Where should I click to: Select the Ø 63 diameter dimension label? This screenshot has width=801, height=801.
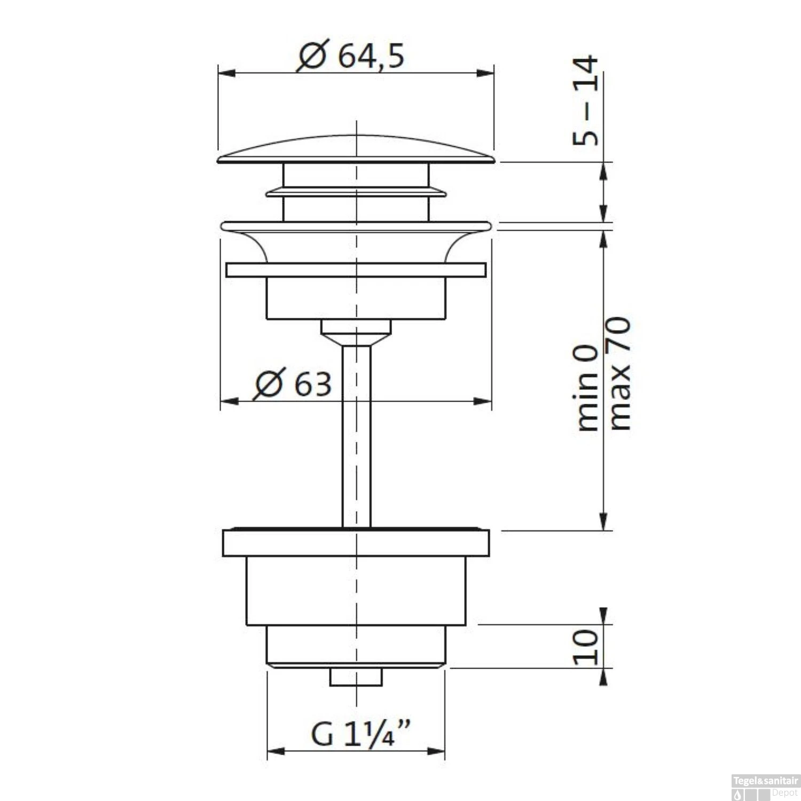pos(293,383)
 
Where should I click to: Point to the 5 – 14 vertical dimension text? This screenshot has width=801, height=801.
pos(586,101)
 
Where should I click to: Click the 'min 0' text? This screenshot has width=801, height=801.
pos(588,387)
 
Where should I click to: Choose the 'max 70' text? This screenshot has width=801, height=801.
pos(619,374)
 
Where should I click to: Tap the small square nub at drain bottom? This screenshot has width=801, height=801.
pos(356,677)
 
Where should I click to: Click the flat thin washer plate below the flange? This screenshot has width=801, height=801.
pos(356,270)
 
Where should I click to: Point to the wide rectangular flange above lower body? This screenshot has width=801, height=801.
pos(356,543)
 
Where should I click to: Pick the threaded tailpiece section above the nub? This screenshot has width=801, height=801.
pos(356,646)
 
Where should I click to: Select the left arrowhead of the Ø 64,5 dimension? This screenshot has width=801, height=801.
pos(226,73)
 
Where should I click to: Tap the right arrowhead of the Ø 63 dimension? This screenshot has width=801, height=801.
pos(483,401)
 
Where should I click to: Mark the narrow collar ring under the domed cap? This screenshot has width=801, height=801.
pos(356,192)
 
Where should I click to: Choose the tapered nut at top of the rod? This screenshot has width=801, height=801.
pos(356,331)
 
